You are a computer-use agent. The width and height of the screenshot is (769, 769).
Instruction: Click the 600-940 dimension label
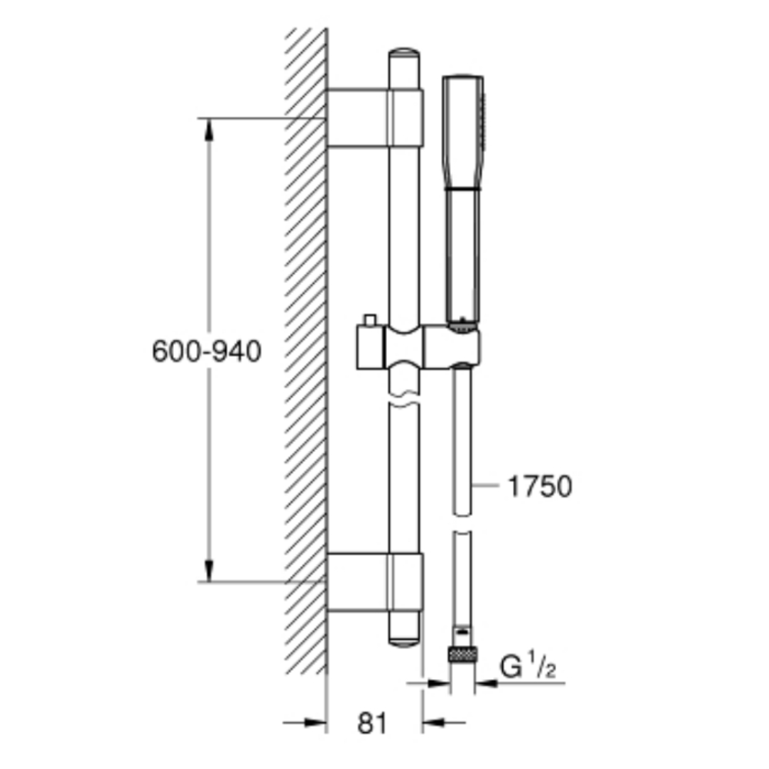(206, 351)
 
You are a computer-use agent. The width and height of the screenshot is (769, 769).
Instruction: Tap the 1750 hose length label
(540, 486)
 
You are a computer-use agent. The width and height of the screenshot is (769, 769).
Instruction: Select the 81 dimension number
(372, 723)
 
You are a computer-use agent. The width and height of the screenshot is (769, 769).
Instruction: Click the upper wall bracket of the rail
(375, 118)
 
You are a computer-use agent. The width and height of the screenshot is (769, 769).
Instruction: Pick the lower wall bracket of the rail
(375, 582)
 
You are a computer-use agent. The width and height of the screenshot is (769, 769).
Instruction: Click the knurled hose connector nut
(463, 654)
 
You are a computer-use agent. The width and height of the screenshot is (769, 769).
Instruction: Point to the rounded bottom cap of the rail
(404, 641)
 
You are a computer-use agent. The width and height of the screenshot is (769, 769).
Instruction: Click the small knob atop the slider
(369, 320)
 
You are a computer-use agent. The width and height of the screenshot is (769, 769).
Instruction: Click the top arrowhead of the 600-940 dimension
(209, 129)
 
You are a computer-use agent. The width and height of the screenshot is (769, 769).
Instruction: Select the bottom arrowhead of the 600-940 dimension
(209, 571)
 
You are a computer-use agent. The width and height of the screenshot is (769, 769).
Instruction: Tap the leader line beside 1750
(485, 485)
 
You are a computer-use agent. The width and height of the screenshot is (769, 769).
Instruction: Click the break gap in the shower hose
(462, 523)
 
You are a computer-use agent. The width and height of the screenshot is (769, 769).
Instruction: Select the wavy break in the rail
(404, 398)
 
